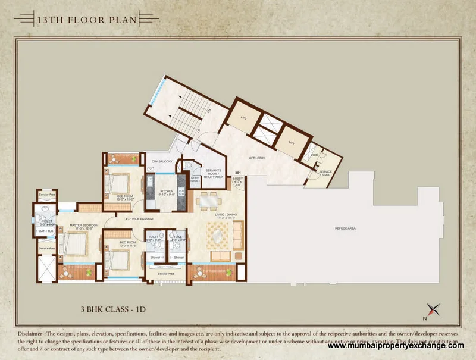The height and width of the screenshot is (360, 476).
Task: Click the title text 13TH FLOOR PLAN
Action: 87,20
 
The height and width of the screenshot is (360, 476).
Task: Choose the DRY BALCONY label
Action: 161,161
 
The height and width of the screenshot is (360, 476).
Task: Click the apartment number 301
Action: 237,173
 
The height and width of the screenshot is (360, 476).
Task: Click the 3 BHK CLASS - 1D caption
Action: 113,310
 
